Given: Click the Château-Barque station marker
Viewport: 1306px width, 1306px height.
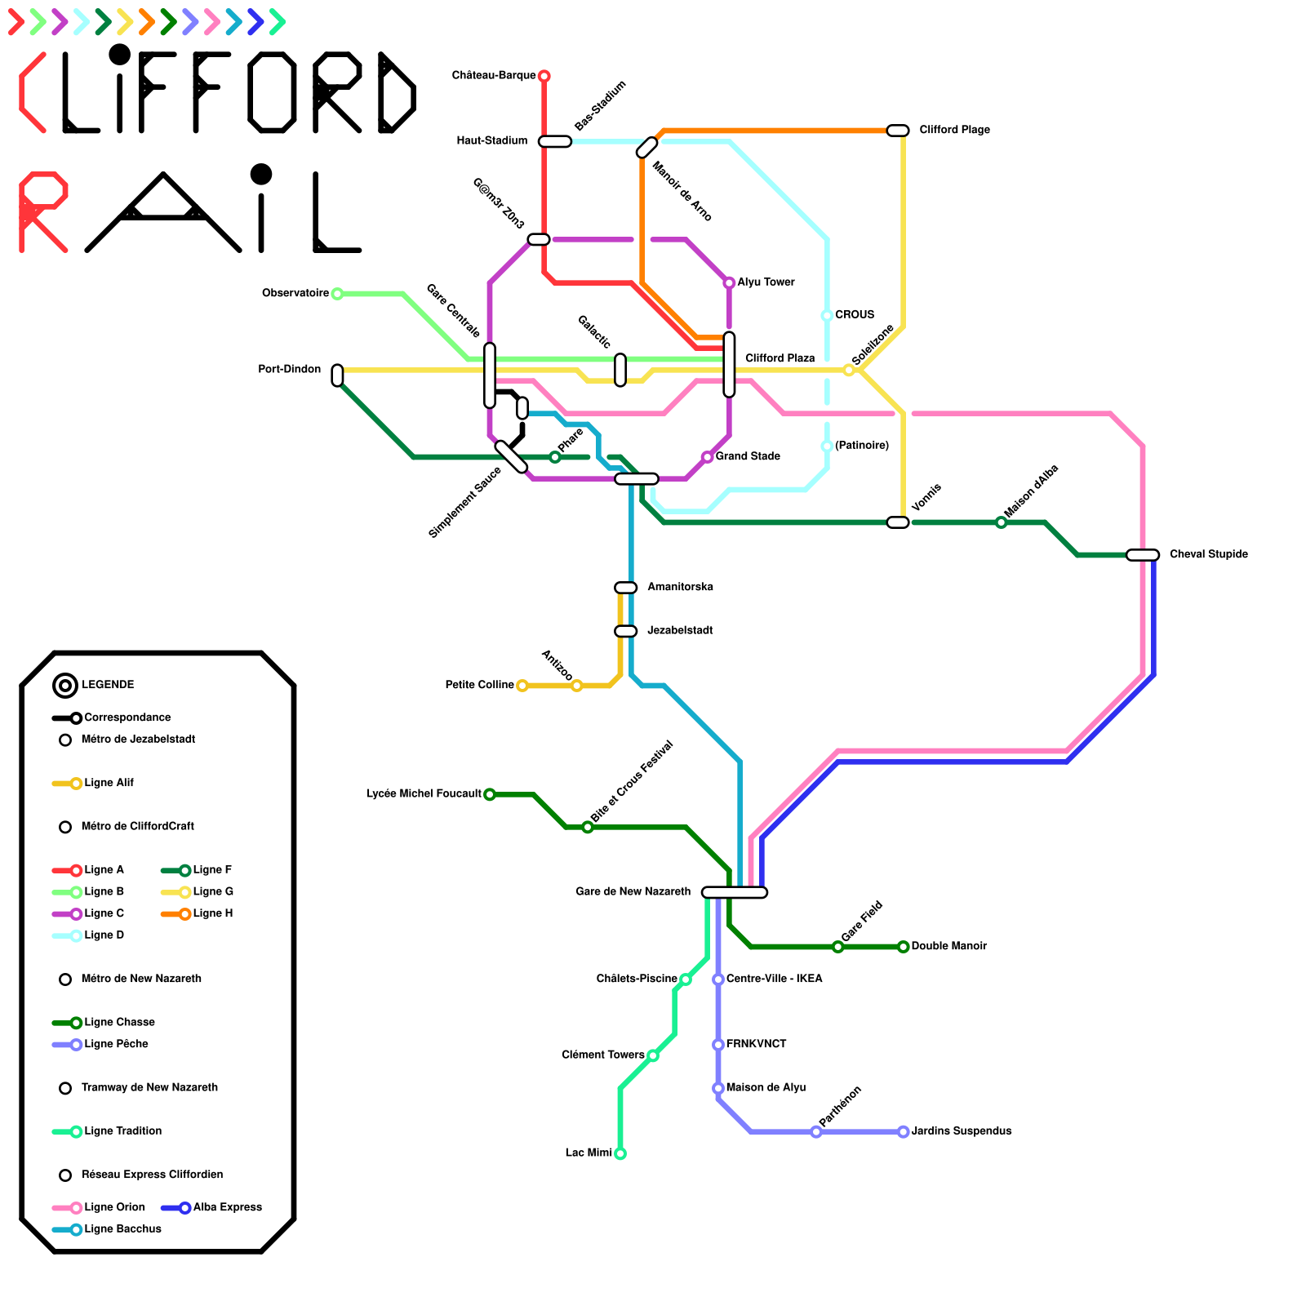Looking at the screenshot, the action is tap(544, 76).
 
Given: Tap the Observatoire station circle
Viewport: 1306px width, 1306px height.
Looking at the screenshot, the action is tap(337, 294).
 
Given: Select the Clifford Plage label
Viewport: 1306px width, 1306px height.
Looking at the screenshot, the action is tap(954, 130).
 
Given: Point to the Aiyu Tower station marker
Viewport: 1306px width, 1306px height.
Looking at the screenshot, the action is tap(729, 282).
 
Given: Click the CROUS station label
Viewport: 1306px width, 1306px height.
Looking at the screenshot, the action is tap(855, 315).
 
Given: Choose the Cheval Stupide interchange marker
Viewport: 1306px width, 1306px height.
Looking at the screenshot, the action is tap(1143, 555).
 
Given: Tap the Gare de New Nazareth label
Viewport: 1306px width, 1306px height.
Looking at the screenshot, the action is tap(633, 891).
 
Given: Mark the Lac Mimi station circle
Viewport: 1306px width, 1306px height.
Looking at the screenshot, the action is tap(620, 1153).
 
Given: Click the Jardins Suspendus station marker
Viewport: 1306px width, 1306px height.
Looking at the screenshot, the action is tap(903, 1131).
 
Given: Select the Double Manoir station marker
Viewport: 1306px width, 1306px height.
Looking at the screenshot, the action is tap(903, 947).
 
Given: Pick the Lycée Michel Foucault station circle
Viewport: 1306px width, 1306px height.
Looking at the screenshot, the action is tap(490, 794).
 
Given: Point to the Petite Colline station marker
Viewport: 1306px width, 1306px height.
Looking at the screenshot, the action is tap(522, 686).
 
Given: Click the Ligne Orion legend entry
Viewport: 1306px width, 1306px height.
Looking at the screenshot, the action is tap(114, 1207).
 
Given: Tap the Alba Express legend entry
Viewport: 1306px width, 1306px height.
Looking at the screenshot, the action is tap(227, 1207).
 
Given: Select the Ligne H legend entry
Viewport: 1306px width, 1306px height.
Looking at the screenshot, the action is tap(212, 913).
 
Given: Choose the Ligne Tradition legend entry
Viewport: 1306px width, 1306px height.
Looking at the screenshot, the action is tap(122, 1131).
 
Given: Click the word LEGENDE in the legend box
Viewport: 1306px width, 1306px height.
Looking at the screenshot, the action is tap(108, 685).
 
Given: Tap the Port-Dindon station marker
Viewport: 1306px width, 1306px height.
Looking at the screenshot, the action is tap(337, 375).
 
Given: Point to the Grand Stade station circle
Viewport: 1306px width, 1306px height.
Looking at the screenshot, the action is tap(707, 457).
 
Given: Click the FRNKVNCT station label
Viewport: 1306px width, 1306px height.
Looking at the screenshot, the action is tap(756, 1044).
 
